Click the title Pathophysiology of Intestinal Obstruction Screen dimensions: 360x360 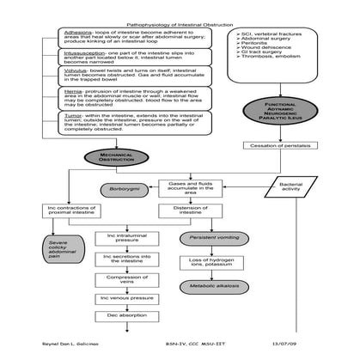(x=180, y=26)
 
